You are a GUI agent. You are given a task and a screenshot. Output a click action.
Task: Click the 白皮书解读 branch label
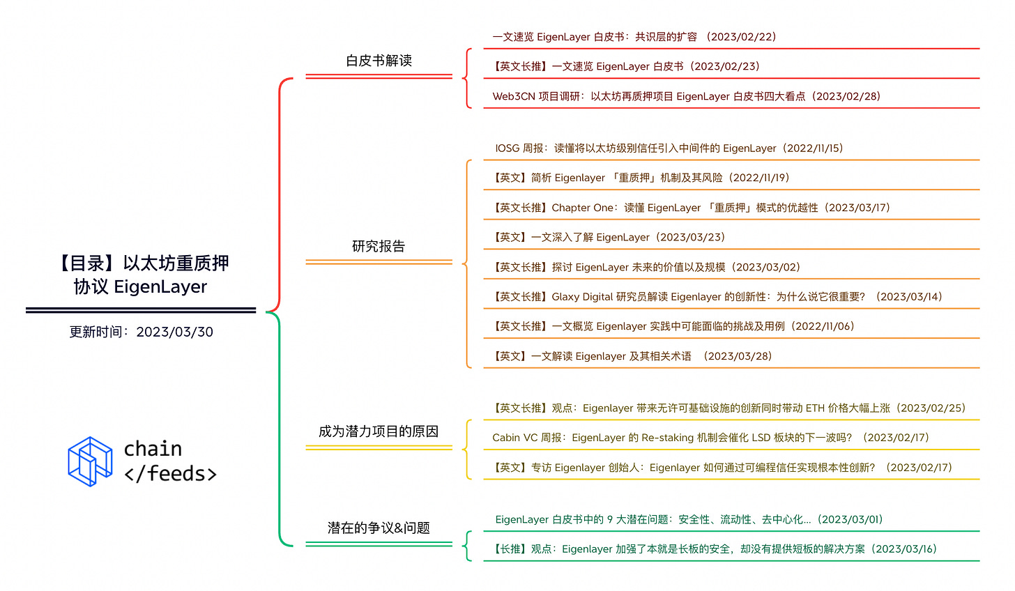(379, 61)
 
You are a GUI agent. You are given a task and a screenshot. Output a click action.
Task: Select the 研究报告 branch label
(379, 246)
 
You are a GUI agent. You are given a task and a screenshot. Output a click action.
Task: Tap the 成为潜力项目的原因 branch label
(379, 431)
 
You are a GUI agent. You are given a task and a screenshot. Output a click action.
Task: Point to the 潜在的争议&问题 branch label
(379, 528)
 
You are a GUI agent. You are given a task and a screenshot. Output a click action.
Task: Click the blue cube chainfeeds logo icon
(90, 461)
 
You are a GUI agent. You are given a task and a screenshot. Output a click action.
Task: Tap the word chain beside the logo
(153, 448)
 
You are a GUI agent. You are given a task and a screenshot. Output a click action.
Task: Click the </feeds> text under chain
(170, 474)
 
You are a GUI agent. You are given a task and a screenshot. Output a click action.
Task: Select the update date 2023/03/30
(174, 332)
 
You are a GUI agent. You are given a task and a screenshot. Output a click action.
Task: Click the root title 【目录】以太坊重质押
(142, 263)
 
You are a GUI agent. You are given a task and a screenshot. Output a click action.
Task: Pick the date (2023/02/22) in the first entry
(741, 37)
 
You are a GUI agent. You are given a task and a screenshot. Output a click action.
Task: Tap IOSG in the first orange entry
(507, 148)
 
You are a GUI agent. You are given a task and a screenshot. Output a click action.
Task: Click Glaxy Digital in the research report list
(582, 297)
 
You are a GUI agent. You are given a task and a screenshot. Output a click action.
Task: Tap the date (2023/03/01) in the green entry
(850, 519)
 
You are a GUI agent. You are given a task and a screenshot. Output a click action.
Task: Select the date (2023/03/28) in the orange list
(738, 356)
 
